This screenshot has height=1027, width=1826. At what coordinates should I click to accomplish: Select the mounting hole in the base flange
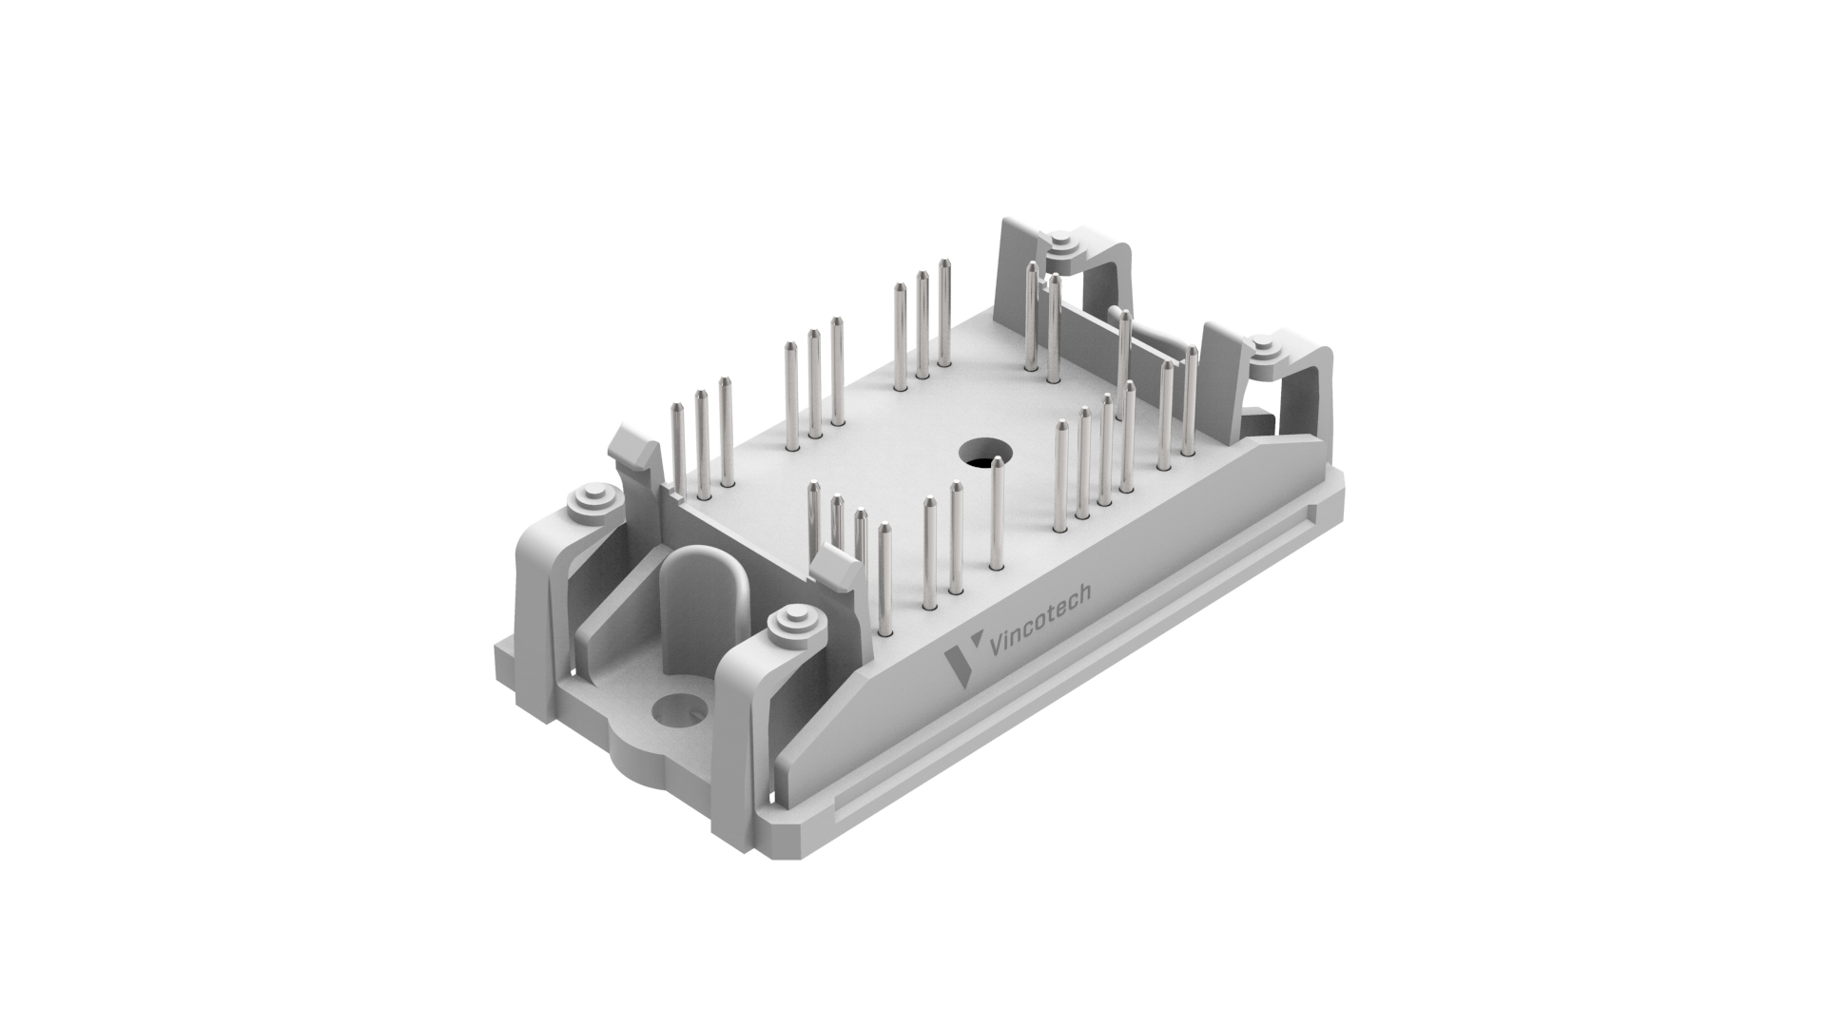pyautogui.click(x=678, y=708)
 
